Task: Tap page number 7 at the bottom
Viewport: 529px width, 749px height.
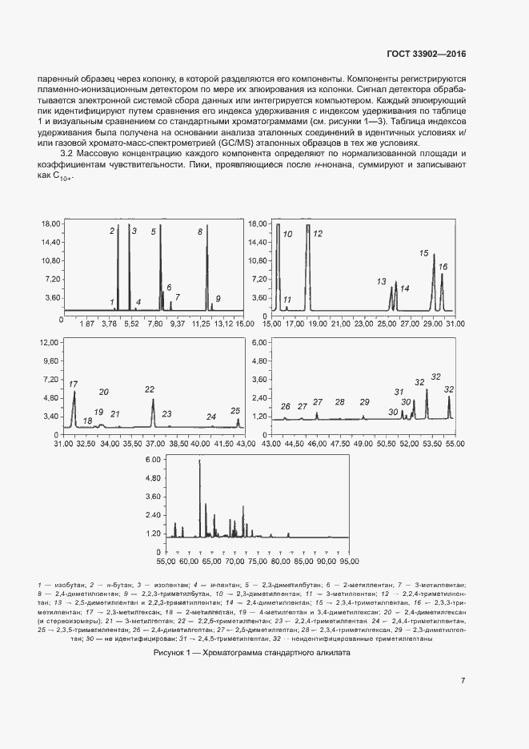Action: pyautogui.click(x=463, y=681)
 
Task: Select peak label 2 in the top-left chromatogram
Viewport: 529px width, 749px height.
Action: pyautogui.click(x=113, y=232)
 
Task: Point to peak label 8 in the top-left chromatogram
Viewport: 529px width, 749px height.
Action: pyautogui.click(x=200, y=232)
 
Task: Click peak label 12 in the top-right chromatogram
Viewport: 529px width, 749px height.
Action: pyautogui.click(x=318, y=234)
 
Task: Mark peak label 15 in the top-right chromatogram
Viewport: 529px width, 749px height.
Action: pyautogui.click(x=425, y=253)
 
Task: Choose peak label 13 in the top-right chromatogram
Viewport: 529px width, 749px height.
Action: pyautogui.click(x=383, y=282)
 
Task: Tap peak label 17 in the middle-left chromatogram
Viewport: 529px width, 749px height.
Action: pyautogui.click(x=74, y=385)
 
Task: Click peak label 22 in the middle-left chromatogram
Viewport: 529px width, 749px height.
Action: pyautogui.click(x=150, y=389)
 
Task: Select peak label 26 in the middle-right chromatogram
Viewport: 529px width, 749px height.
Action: pyautogui.click(x=286, y=407)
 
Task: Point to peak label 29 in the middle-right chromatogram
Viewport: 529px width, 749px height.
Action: pyautogui.click(x=365, y=402)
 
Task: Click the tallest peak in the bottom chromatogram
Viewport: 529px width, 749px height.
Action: pyautogui.click(x=200, y=462)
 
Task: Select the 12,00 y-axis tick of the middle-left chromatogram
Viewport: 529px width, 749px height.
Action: pyautogui.click(x=46, y=342)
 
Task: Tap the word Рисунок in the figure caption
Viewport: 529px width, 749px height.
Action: pyautogui.click(x=170, y=653)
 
